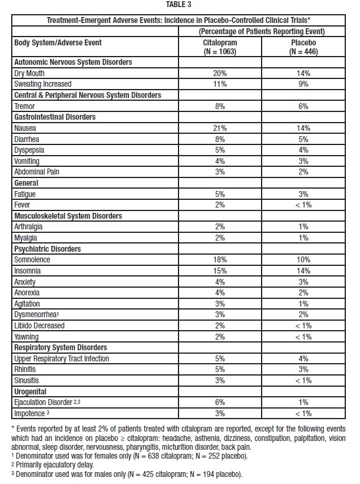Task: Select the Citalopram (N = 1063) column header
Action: pyautogui.click(x=220, y=47)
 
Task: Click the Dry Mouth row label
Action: pyautogui.click(x=29, y=73)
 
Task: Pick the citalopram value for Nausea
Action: pyautogui.click(x=220, y=128)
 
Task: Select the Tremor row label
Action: pyautogui.click(x=24, y=106)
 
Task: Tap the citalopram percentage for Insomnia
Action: pyautogui.click(x=220, y=271)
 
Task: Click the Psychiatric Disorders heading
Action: pyautogui.click(x=48, y=249)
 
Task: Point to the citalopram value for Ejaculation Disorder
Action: pyautogui.click(x=220, y=402)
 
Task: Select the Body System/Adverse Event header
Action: pyautogui.click(x=57, y=42)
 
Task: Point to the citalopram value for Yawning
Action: pyautogui.click(x=220, y=336)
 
